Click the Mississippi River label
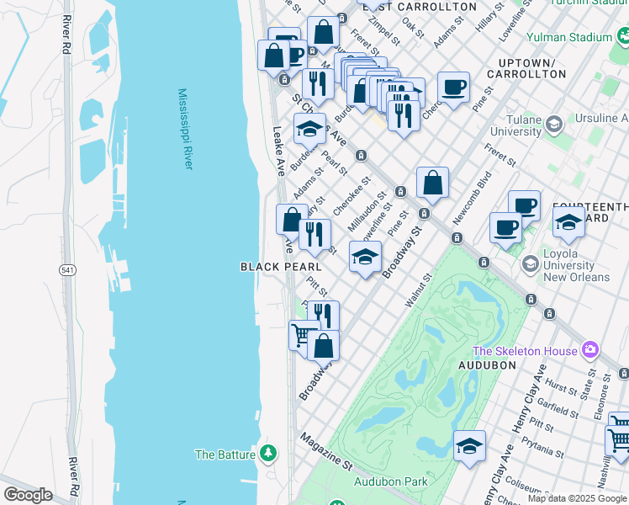[x=185, y=129]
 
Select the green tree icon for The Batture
[x=268, y=454]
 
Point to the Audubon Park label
[x=391, y=481]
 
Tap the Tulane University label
[x=515, y=125]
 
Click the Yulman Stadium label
[x=569, y=37]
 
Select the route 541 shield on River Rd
[x=67, y=269]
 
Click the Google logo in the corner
[x=28, y=495]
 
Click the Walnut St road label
[x=418, y=289]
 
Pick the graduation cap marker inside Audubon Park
[x=469, y=447]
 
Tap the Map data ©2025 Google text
[x=577, y=498]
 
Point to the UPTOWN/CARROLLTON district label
[x=531, y=68]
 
